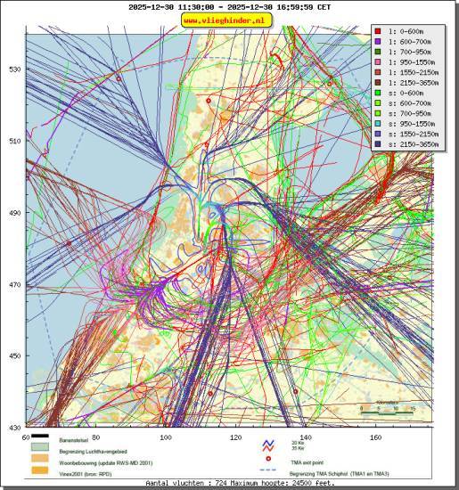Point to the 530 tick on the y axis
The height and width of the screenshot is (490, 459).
[14, 69]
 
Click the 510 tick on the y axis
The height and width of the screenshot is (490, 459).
[14, 141]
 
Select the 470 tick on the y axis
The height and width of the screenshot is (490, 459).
[14, 285]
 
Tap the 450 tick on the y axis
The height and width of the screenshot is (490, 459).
[14, 356]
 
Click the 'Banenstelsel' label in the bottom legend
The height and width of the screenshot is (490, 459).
[79, 441]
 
